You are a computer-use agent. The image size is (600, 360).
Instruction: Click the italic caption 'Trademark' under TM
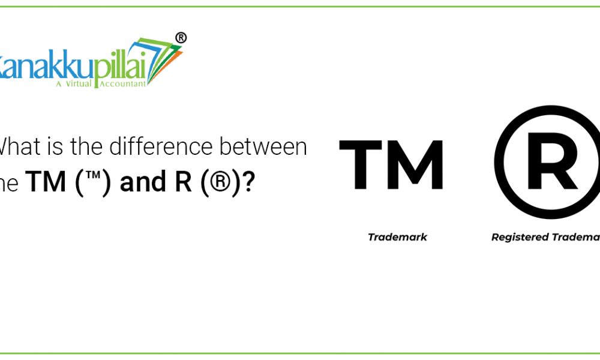(397, 237)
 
